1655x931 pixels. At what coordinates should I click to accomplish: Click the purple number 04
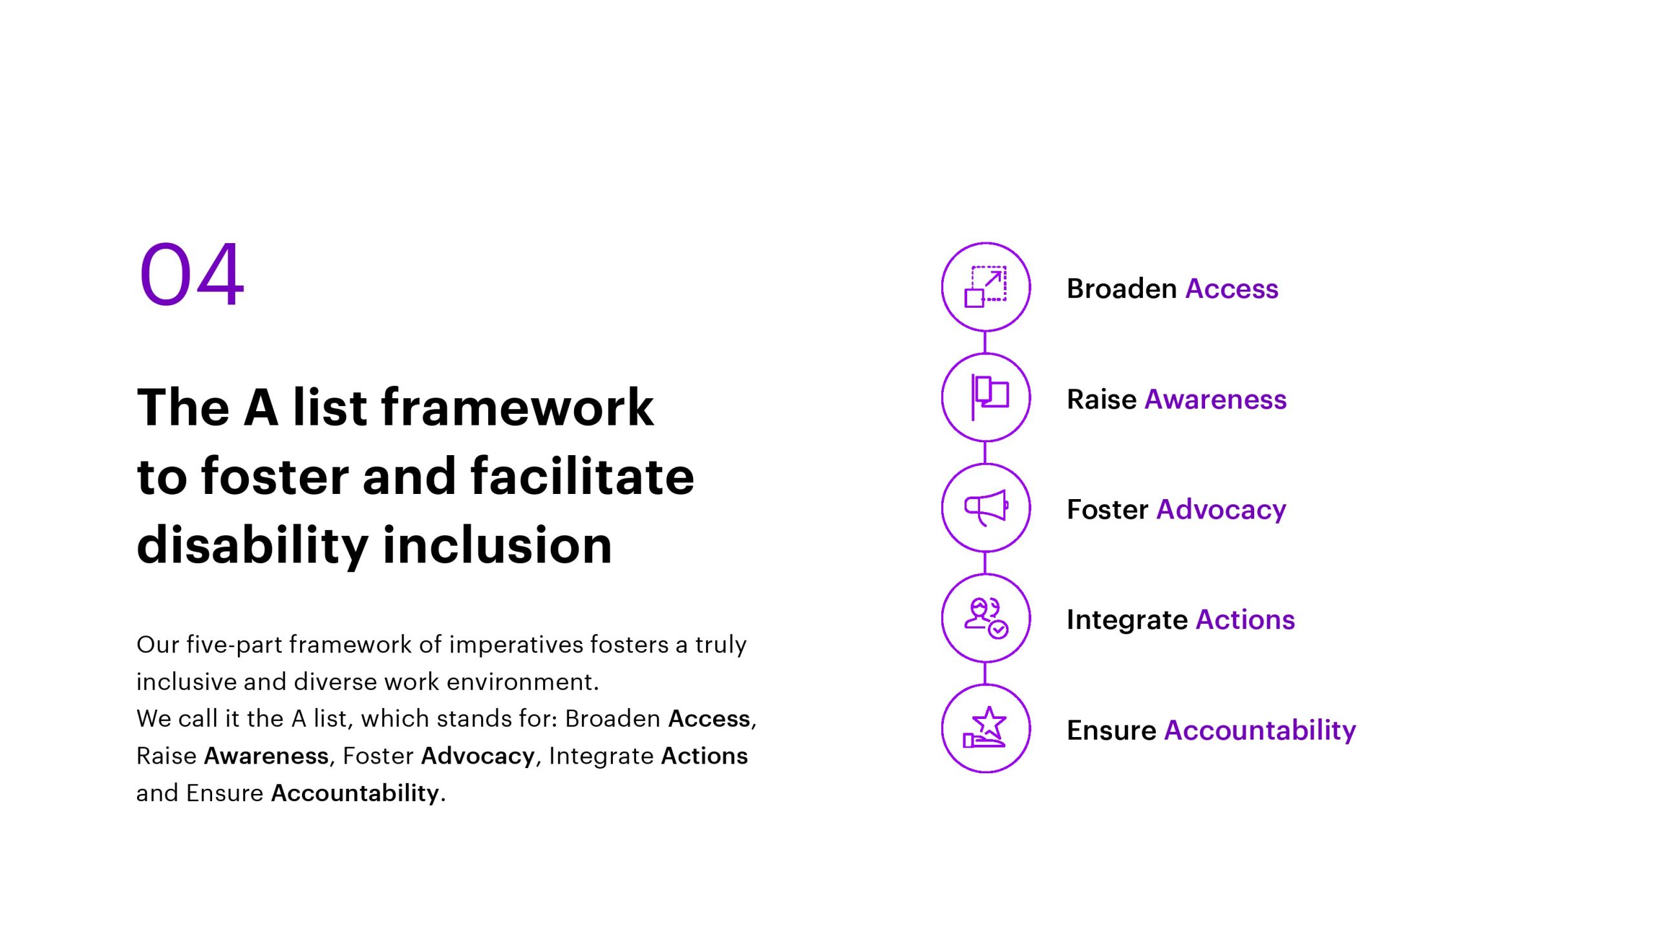pos(192,273)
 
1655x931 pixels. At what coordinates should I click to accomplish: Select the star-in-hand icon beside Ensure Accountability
pos(986,727)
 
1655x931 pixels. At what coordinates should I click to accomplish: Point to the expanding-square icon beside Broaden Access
pos(986,286)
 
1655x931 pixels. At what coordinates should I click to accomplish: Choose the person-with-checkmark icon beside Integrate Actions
pos(986,618)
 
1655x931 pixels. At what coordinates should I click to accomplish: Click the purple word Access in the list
pos(1232,288)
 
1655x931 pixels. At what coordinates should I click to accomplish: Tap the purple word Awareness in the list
pos(1215,399)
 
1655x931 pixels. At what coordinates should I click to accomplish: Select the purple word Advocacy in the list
pos(1221,510)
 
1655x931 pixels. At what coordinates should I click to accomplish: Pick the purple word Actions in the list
pos(1245,619)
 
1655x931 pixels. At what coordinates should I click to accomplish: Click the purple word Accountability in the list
pos(1260,731)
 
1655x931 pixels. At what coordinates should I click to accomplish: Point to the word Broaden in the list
pos(1122,288)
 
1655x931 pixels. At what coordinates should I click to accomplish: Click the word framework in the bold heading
pos(518,407)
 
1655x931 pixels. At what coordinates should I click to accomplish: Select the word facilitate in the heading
pos(582,476)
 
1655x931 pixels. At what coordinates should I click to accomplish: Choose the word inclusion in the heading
pos(497,545)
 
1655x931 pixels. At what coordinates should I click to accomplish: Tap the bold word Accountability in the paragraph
pos(355,793)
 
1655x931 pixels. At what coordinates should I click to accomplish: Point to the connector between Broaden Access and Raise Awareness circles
pos(985,342)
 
